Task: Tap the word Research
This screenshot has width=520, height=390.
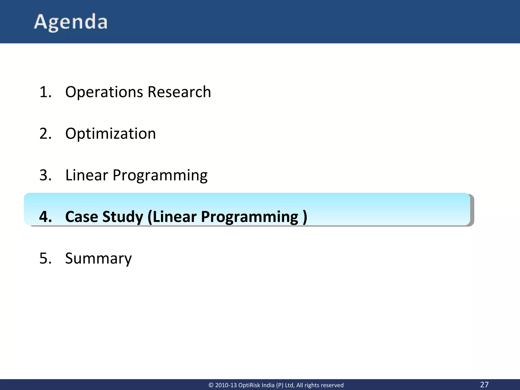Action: point(179,92)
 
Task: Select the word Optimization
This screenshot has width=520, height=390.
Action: point(110,134)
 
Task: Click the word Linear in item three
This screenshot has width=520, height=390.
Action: point(87,175)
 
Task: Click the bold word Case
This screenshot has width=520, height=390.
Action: point(82,217)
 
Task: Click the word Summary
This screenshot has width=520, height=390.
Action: point(99,258)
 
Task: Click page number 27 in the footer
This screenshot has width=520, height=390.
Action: point(484,384)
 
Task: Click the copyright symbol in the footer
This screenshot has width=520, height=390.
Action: point(211,385)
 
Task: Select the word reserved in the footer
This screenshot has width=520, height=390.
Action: point(332,385)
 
